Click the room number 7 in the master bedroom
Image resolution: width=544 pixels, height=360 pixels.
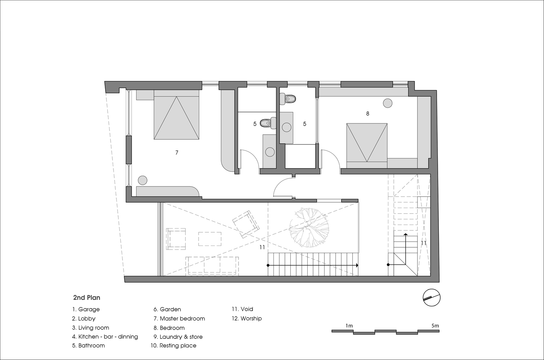[x=177, y=153]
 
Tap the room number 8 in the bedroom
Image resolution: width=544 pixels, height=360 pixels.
[x=367, y=113]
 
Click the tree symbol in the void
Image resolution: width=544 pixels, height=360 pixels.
[x=309, y=228]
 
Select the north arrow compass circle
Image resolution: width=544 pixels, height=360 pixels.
[x=431, y=298]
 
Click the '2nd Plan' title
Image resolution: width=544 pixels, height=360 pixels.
[x=86, y=298]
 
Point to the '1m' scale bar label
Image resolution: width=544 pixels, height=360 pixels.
[x=349, y=326]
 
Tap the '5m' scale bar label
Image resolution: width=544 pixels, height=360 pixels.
[x=435, y=326]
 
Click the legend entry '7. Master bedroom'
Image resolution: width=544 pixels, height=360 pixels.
[x=179, y=319]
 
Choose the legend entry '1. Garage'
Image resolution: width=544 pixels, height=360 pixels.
[x=86, y=309]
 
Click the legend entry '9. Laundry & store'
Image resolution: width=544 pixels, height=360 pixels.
[x=178, y=337]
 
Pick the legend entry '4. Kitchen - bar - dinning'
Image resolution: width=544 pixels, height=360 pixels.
[x=105, y=337]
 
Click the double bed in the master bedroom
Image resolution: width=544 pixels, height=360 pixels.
[x=177, y=115]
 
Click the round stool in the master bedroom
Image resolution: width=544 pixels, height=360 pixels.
[x=142, y=180]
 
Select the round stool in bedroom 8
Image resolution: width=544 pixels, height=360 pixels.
[x=388, y=103]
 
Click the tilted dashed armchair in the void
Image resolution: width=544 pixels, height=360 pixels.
[x=246, y=224]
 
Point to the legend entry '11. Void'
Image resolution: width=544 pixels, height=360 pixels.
[x=242, y=309]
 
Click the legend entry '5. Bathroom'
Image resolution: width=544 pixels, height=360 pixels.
[x=88, y=346]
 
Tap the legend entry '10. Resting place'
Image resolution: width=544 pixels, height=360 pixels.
[x=174, y=346]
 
